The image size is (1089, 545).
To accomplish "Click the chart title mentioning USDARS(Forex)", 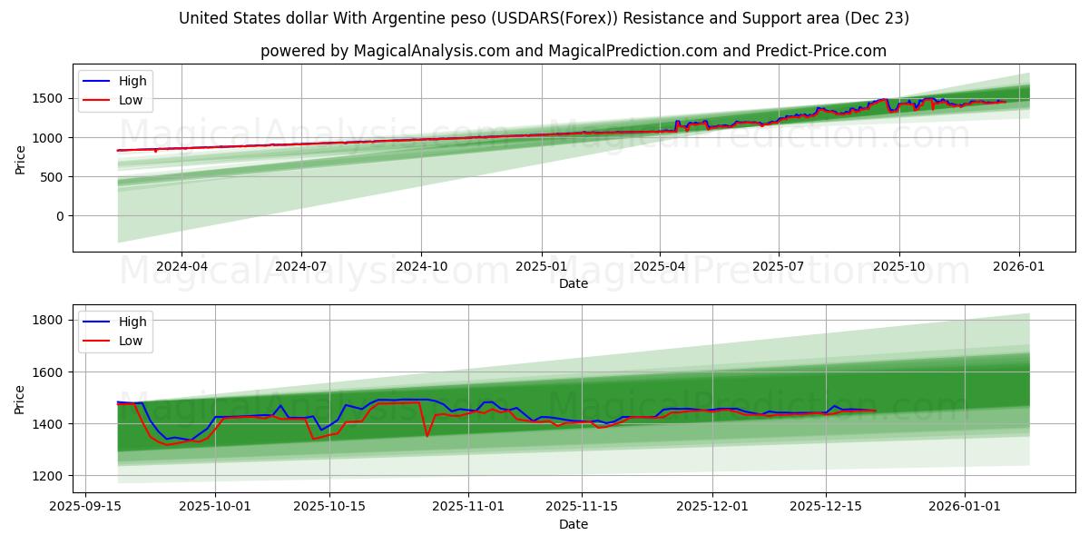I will (x=544, y=18).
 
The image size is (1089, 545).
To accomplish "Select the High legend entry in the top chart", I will (x=132, y=81).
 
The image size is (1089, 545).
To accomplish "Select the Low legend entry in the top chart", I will (x=132, y=100).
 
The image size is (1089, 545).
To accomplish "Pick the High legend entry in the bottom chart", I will (x=132, y=322).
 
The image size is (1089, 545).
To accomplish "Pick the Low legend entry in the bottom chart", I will (x=132, y=341).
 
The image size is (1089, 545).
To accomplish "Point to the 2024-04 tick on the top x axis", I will (x=181, y=266).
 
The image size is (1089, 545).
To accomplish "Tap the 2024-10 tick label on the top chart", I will (x=421, y=266).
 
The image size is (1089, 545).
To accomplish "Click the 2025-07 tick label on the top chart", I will (x=779, y=266).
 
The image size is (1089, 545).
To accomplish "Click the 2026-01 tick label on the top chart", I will (x=1018, y=266).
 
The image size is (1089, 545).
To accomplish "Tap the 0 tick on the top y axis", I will (x=61, y=216).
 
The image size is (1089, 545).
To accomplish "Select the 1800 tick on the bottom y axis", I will (x=50, y=320).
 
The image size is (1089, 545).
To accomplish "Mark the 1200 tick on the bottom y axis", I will (x=50, y=476).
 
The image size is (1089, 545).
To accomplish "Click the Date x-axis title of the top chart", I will (x=573, y=283).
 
